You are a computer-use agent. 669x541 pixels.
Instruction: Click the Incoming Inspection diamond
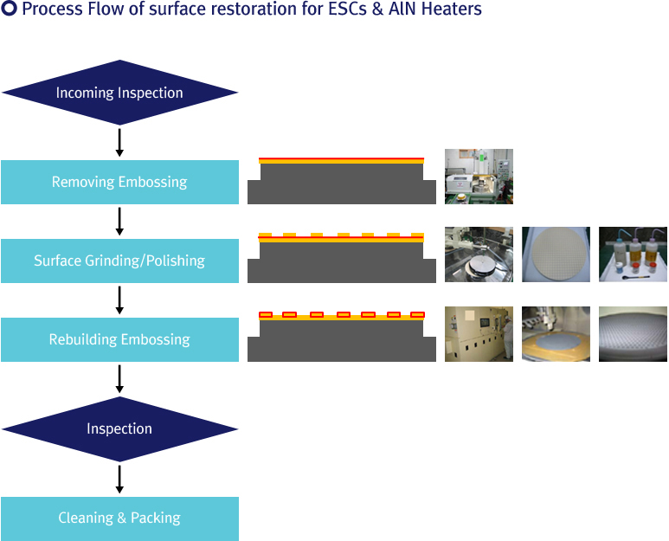(119, 93)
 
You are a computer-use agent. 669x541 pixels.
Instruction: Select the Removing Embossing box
(119, 182)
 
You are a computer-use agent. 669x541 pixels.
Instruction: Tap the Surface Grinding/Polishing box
(119, 261)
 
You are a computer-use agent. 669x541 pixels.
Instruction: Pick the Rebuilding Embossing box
(119, 339)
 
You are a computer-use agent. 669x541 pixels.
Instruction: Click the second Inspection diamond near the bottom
(119, 429)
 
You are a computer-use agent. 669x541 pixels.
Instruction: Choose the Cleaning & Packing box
(119, 518)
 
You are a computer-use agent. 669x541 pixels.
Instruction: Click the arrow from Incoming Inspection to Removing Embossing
(119, 143)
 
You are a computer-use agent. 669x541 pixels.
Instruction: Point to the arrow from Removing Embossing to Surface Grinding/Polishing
(119, 222)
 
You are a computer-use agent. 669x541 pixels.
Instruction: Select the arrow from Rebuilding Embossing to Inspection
(119, 379)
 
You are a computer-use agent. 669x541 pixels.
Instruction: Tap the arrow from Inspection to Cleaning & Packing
(119, 480)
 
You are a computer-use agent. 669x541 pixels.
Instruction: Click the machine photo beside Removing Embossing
(479, 177)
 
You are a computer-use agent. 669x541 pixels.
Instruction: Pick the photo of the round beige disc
(556, 254)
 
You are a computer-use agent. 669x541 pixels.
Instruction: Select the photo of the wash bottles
(633, 254)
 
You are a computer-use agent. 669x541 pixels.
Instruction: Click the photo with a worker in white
(479, 334)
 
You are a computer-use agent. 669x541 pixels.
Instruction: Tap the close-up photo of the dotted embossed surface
(633, 334)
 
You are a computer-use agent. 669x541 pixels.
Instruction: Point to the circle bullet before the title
(9, 9)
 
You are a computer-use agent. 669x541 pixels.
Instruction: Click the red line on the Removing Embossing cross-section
(341, 158)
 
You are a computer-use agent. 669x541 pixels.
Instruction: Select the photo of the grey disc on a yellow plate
(556, 334)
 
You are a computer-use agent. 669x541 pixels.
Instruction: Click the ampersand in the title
(377, 9)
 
